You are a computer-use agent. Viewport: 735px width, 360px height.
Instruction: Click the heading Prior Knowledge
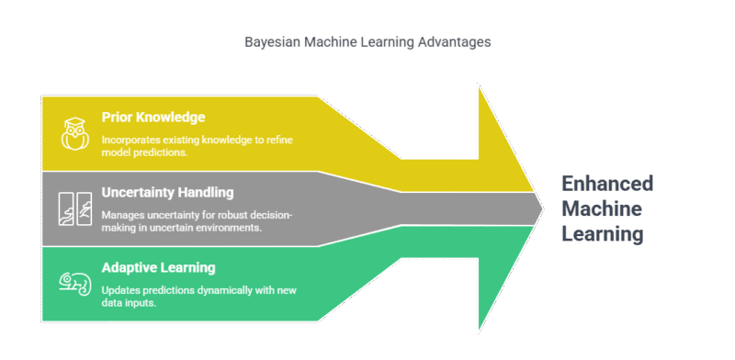click(153, 118)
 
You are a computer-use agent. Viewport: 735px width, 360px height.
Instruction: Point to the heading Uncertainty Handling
click(168, 193)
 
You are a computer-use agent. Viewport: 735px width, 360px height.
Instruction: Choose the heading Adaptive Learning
click(159, 267)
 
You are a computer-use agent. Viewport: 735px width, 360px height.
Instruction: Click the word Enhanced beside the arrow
click(606, 183)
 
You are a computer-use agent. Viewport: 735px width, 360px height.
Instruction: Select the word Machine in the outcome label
click(602, 208)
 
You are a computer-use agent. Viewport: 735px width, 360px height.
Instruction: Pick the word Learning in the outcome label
click(602, 234)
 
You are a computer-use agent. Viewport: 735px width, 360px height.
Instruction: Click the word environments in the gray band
click(231, 228)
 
